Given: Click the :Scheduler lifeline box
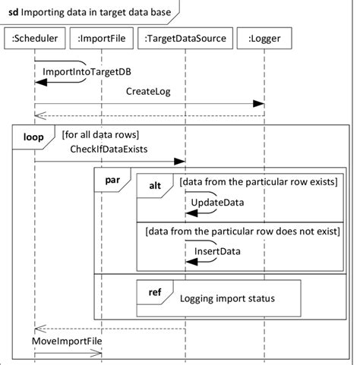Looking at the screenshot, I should (x=35, y=37).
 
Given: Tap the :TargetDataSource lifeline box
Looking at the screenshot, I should (x=185, y=37).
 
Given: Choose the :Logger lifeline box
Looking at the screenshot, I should (x=264, y=37).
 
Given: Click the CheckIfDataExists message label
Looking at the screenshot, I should (x=108, y=148).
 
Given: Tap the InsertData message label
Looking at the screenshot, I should (x=217, y=251).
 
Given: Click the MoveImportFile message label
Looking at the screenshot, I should (x=67, y=341).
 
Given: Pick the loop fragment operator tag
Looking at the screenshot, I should (x=32, y=137).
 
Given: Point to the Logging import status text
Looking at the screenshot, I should (x=227, y=298).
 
